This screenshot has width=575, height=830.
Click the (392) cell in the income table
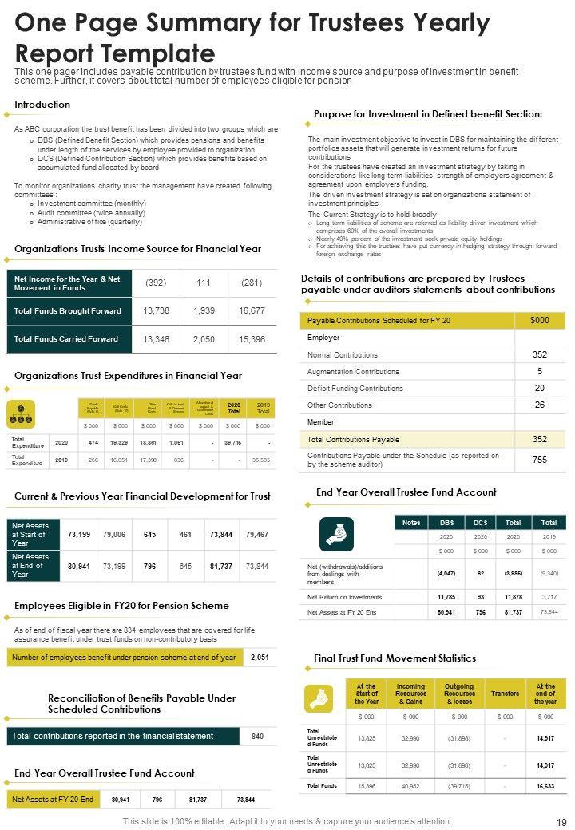tap(156, 283)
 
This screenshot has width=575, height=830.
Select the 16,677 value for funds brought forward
tap(252, 310)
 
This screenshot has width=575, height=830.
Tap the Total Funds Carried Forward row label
tap(66, 339)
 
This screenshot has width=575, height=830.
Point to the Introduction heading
tap(42, 105)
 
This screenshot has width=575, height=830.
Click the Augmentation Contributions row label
tap(353, 372)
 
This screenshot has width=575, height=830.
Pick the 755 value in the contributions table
tap(539, 460)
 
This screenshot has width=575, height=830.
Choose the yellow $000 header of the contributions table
tap(539, 320)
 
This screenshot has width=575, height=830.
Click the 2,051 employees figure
tap(260, 657)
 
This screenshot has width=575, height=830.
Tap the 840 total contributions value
tap(257, 736)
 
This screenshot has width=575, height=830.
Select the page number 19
tap(561, 821)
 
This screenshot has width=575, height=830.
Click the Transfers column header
tap(505, 694)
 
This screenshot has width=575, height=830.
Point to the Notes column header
tap(411, 522)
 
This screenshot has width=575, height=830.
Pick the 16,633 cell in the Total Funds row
tap(545, 786)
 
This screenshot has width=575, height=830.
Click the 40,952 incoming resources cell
tap(410, 786)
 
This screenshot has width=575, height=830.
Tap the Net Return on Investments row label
tap(344, 597)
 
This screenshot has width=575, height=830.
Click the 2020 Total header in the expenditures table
tap(233, 408)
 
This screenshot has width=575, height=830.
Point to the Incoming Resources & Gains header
tap(410, 694)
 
